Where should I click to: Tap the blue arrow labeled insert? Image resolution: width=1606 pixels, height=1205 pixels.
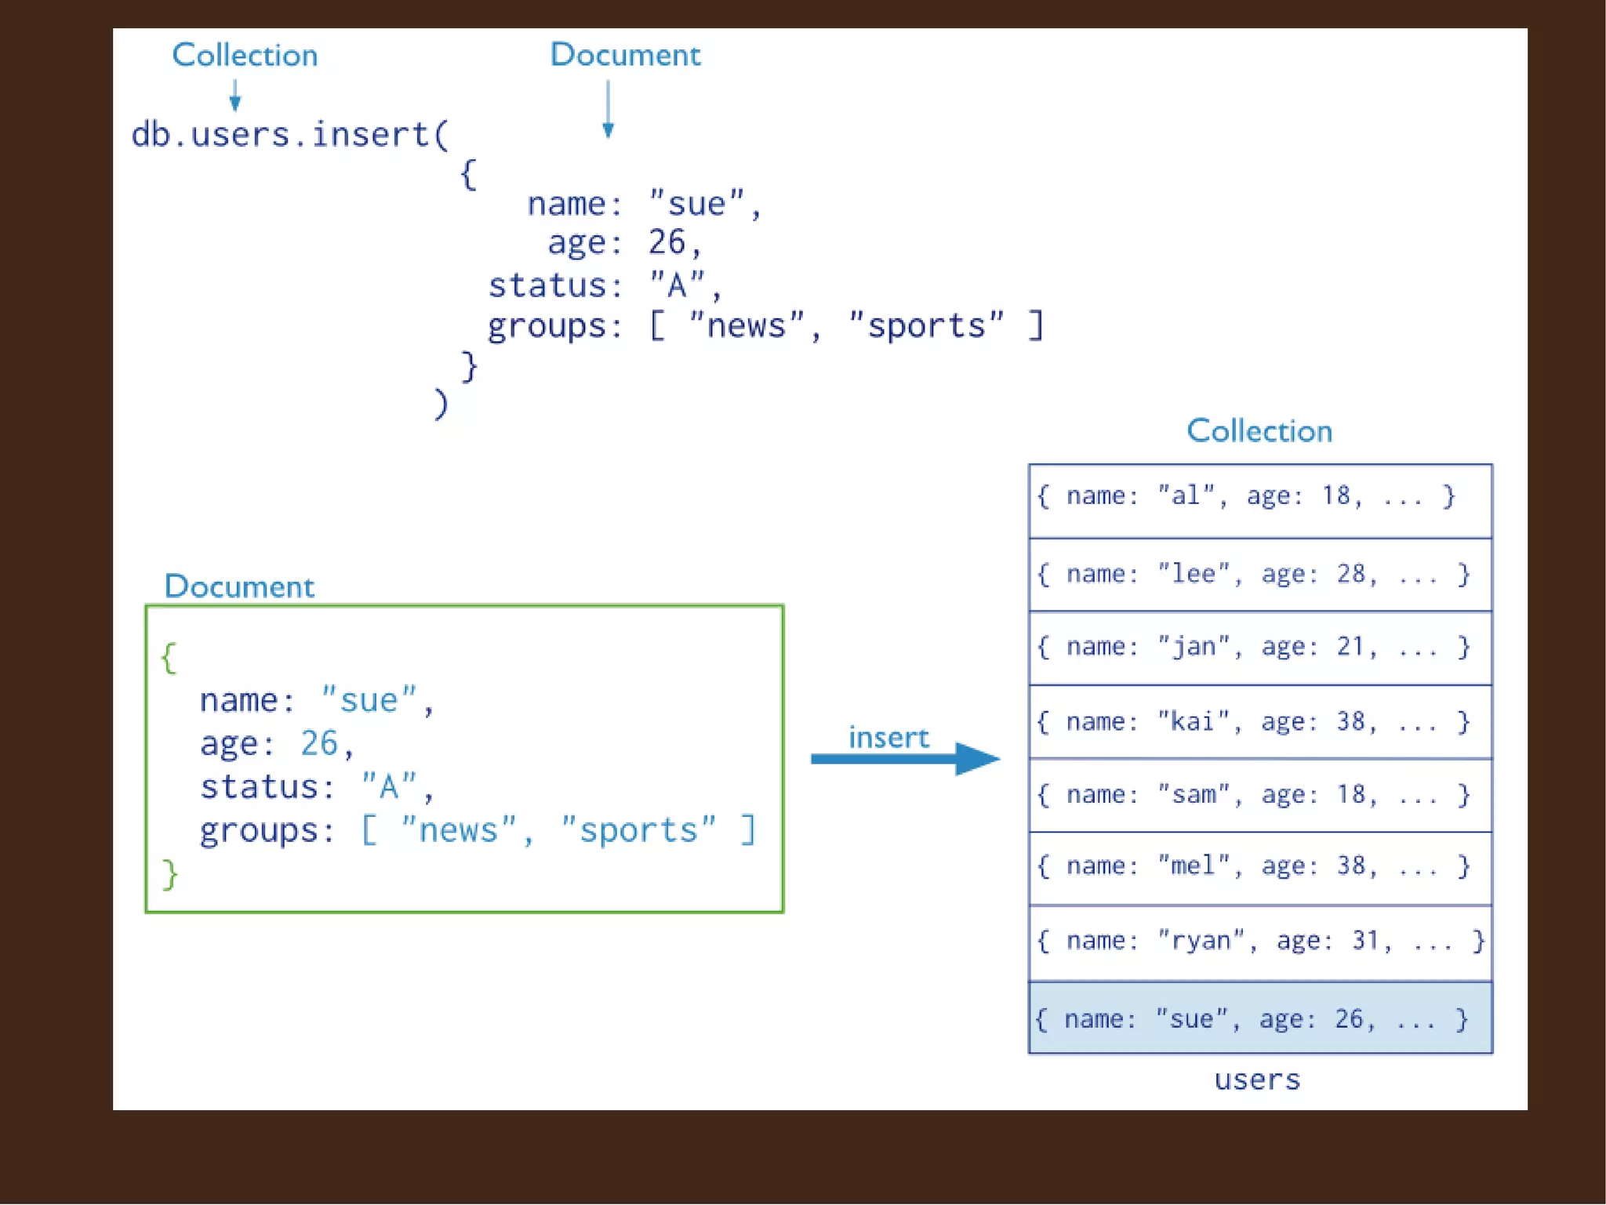tap(905, 758)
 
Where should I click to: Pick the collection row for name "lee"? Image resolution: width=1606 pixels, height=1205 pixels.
tap(1259, 574)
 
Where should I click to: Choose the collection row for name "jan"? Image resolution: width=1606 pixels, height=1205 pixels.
tap(1259, 648)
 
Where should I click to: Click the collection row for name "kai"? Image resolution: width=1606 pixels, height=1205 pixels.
tap(1259, 721)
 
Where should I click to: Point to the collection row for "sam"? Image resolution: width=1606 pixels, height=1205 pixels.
tap(1259, 795)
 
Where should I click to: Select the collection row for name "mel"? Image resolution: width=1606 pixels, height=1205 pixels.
tap(1259, 867)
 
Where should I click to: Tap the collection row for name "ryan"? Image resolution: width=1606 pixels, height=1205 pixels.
tap(1259, 941)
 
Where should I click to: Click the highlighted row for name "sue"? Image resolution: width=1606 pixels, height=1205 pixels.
tap(1259, 1018)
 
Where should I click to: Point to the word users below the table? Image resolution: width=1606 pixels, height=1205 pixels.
tap(1257, 1080)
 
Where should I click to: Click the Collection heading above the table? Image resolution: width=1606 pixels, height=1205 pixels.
tap(1259, 431)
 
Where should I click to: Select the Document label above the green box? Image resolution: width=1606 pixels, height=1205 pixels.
tap(239, 586)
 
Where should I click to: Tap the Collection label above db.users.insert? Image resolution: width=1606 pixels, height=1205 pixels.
tap(245, 55)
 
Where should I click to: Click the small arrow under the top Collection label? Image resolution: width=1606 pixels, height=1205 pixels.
tap(234, 96)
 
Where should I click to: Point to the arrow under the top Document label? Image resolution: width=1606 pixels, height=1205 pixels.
tap(608, 110)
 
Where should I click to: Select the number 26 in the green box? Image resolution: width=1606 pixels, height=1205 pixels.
tap(319, 743)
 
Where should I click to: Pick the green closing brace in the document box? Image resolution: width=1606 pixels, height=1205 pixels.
tap(169, 874)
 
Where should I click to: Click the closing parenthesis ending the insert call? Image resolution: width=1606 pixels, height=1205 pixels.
tap(441, 404)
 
